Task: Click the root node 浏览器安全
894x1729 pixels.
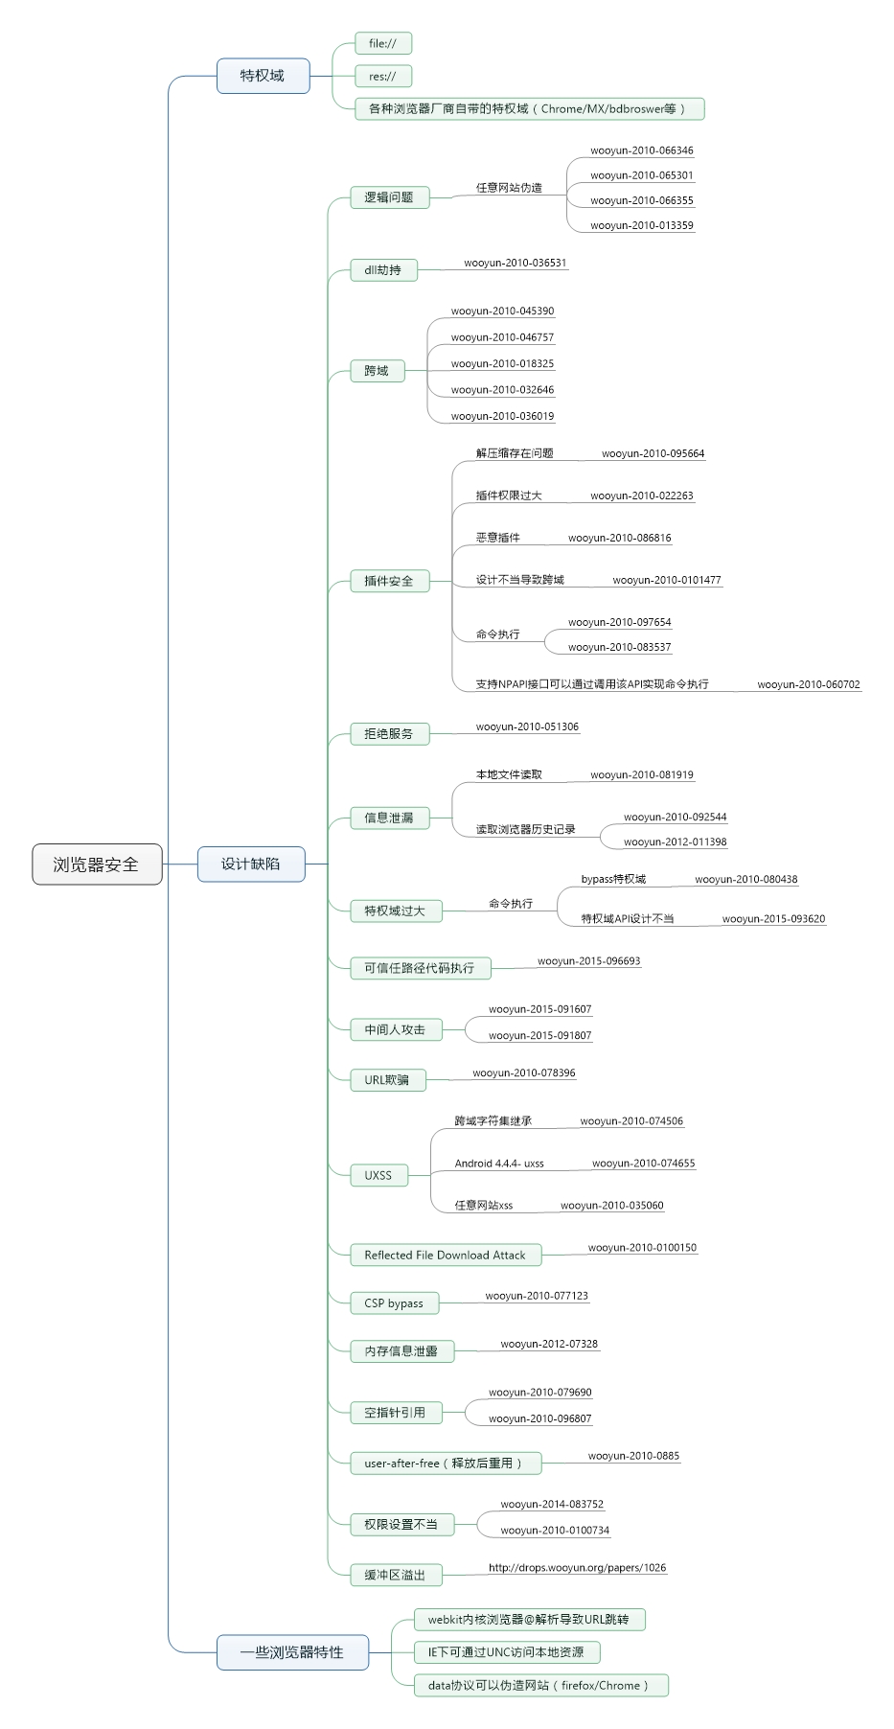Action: [97, 864]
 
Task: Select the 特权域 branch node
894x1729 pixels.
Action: [263, 76]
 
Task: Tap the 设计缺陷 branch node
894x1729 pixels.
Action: [251, 864]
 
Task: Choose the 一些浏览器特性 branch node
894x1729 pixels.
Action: [292, 1652]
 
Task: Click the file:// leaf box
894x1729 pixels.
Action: [383, 43]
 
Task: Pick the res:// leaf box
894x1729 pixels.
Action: [382, 76]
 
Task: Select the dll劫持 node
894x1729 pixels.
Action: [383, 270]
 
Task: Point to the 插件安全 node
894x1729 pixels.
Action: [389, 581]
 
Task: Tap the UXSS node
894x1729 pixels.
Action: [378, 1175]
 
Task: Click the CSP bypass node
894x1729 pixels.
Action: [394, 1303]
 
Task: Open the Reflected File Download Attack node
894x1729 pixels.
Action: [446, 1255]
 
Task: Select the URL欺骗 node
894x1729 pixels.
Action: [387, 1080]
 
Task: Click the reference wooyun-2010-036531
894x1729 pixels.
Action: [516, 263]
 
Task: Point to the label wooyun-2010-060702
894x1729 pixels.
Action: [809, 684]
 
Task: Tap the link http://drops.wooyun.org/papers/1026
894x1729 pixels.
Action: [577, 1568]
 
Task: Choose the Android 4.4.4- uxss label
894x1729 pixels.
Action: [499, 1164]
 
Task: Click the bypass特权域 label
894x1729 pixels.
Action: [613, 879]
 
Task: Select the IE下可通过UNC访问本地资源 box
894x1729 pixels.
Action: [506, 1652]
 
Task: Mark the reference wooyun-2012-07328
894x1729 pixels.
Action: [549, 1344]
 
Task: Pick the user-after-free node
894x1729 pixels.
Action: [446, 1464]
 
